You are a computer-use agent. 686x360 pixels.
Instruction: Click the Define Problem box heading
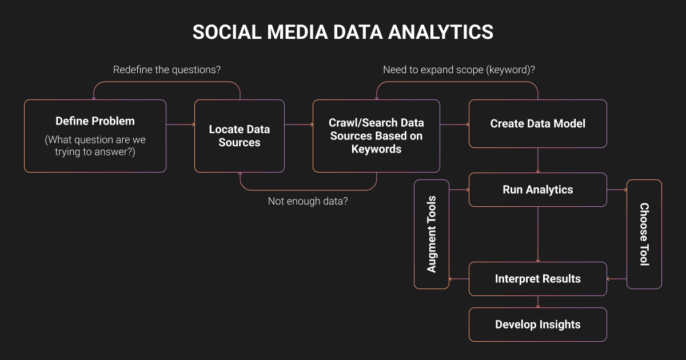pyautogui.click(x=95, y=121)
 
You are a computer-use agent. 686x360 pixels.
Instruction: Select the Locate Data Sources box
pyautogui.click(x=240, y=136)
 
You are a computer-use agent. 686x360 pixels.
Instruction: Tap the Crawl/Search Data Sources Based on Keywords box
pyautogui.click(x=376, y=136)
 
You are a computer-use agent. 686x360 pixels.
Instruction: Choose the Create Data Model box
pyautogui.click(x=538, y=123)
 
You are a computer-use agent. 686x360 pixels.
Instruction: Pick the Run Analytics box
pyautogui.click(x=538, y=190)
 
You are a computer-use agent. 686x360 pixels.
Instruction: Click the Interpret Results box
pyautogui.click(x=538, y=279)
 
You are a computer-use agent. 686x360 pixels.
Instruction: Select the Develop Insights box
pyautogui.click(x=538, y=325)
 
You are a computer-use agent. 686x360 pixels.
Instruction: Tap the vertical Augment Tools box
pyautogui.click(x=432, y=234)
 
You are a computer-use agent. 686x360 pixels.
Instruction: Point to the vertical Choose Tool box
pyautogui.click(x=644, y=234)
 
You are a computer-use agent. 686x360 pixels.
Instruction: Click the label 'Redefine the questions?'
pyautogui.click(x=167, y=70)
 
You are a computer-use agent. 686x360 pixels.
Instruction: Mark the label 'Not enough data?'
pyautogui.click(x=308, y=201)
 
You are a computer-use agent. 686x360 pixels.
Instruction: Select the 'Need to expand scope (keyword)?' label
pyautogui.click(x=459, y=70)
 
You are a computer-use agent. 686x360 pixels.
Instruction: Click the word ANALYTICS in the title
pyautogui.click(x=441, y=32)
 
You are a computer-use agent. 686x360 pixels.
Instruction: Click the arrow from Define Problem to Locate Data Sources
pyautogui.click(x=181, y=125)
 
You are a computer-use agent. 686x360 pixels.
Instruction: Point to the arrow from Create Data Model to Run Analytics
pyautogui.click(x=538, y=161)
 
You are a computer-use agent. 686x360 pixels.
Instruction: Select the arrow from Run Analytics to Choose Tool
pyautogui.click(x=617, y=190)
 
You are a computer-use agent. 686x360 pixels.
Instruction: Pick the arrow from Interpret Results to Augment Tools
pyautogui.click(x=458, y=279)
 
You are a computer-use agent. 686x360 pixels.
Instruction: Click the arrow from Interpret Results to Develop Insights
pyautogui.click(x=538, y=302)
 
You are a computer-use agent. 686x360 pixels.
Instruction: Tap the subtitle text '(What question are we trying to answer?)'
pyautogui.click(x=95, y=146)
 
